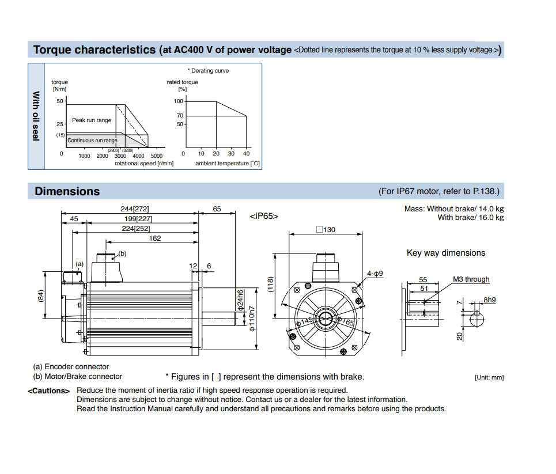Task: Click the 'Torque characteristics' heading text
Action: [x=94, y=50]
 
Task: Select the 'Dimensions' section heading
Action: [x=67, y=191]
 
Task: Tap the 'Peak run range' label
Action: [x=92, y=120]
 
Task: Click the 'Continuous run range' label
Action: [x=92, y=140]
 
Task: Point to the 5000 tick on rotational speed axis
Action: [x=157, y=156]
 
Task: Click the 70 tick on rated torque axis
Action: [x=180, y=116]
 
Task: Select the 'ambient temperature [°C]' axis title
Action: [x=228, y=164]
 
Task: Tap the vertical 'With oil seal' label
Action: [x=36, y=116]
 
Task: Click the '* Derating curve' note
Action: [x=210, y=71]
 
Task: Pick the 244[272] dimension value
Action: [x=135, y=209]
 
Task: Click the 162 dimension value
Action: [x=155, y=238]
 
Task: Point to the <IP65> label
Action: [x=264, y=216]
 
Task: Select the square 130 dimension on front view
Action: [x=326, y=229]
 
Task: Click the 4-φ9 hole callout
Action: [x=375, y=274]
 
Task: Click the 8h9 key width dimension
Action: [x=490, y=300]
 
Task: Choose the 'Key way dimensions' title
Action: [x=446, y=253]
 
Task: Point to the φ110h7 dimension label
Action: [x=252, y=319]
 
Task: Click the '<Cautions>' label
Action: [x=48, y=391]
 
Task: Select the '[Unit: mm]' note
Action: [x=489, y=377]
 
